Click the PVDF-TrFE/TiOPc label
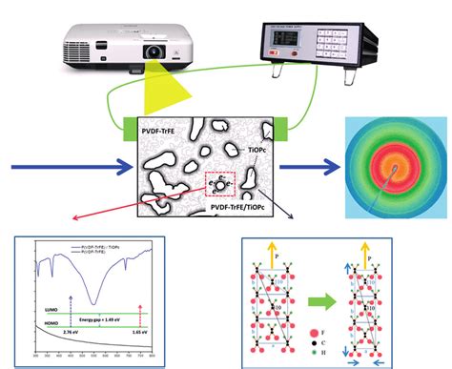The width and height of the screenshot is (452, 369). [240, 204]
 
